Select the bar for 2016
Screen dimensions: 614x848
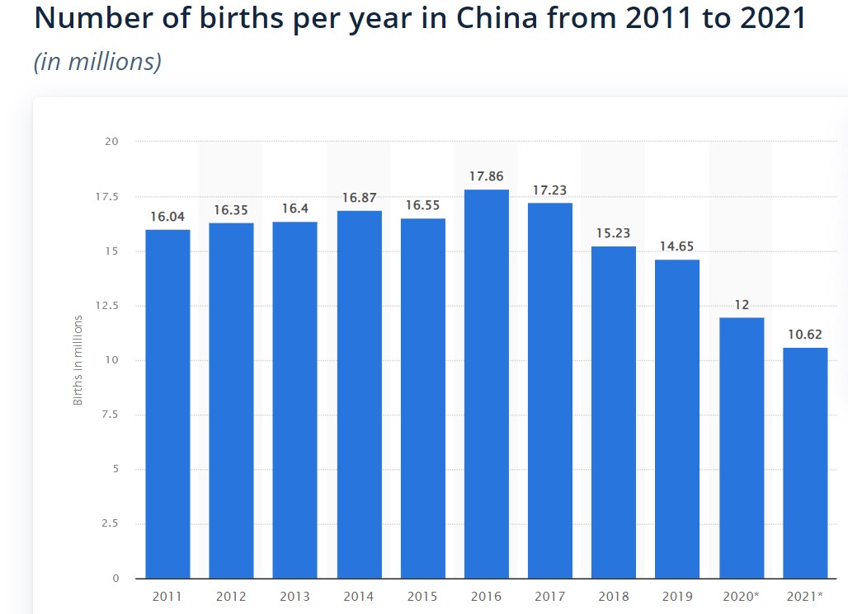pyautogui.click(x=487, y=383)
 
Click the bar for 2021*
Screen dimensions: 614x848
pyautogui.click(x=805, y=462)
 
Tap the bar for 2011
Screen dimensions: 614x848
pyautogui.click(x=167, y=403)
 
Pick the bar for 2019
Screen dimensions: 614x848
pyautogui.click(x=677, y=419)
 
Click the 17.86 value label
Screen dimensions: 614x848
pyautogui.click(x=487, y=176)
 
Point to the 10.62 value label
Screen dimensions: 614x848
pyautogui.click(x=805, y=335)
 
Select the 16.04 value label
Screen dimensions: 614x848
pyautogui.click(x=167, y=217)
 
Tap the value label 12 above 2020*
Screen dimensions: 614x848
pyautogui.click(x=742, y=305)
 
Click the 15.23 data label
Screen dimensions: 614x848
pyautogui.click(x=614, y=233)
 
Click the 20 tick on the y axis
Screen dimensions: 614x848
pyautogui.click(x=111, y=142)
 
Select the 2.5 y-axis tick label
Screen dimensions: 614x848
pyautogui.click(x=109, y=523)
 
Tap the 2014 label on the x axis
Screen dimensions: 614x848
pyautogui.click(x=360, y=596)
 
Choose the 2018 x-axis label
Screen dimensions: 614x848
pyautogui.click(x=614, y=596)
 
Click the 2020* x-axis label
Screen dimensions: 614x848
pyautogui.click(x=742, y=596)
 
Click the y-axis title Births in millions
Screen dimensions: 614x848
pyautogui.click(x=78, y=360)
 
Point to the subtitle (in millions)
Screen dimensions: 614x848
pyautogui.click(x=97, y=62)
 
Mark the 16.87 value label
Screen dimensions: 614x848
pyautogui.click(x=360, y=198)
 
